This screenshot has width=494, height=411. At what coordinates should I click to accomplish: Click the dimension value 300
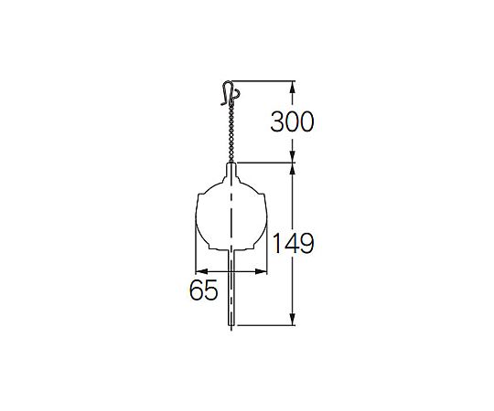click(x=292, y=121)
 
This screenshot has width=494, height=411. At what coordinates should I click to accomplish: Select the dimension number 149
click(x=293, y=243)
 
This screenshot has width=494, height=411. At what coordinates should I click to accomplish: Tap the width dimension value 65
click(x=203, y=290)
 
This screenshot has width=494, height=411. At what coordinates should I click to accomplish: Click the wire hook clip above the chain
click(x=231, y=93)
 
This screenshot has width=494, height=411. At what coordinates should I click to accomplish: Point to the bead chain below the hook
click(x=231, y=133)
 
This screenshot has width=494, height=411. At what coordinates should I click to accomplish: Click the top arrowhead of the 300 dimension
click(x=293, y=87)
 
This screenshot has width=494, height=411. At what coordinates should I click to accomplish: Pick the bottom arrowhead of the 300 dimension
click(x=293, y=156)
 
